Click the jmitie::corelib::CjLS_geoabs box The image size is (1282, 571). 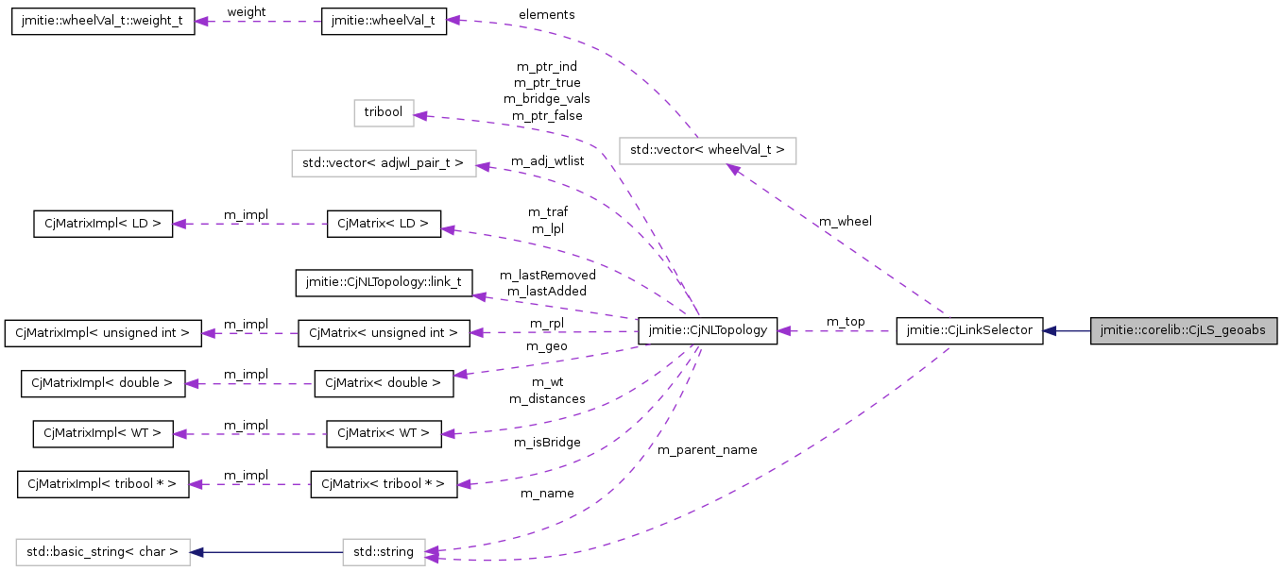[1184, 331]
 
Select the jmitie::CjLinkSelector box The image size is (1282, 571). [969, 331]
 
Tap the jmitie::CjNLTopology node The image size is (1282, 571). [708, 331]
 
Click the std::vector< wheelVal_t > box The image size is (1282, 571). [708, 150]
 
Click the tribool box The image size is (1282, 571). [384, 112]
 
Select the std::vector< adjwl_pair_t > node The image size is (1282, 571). [384, 163]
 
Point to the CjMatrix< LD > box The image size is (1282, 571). [384, 224]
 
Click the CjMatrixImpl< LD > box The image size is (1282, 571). [103, 224]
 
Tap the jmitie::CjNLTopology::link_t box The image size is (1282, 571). [384, 282]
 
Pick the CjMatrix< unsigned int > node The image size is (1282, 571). [384, 333]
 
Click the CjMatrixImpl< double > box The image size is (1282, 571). [103, 383]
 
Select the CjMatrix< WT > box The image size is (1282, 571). [384, 434]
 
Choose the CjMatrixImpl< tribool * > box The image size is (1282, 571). [103, 485]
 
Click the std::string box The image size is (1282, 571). [384, 551]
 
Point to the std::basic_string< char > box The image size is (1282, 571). [103, 551]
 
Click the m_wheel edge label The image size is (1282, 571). [845, 222]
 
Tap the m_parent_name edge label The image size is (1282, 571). [708, 450]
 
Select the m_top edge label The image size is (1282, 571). [845, 322]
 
